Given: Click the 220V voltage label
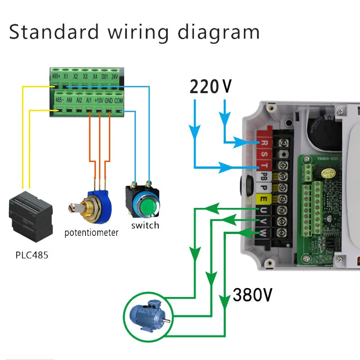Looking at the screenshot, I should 211,86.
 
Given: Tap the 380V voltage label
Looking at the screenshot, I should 252,295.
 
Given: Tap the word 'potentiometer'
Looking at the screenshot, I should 91,233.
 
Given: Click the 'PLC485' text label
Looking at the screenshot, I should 31,255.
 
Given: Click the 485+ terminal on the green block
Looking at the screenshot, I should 56,76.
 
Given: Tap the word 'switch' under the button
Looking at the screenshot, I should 145,225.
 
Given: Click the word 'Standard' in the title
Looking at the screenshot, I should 54,32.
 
